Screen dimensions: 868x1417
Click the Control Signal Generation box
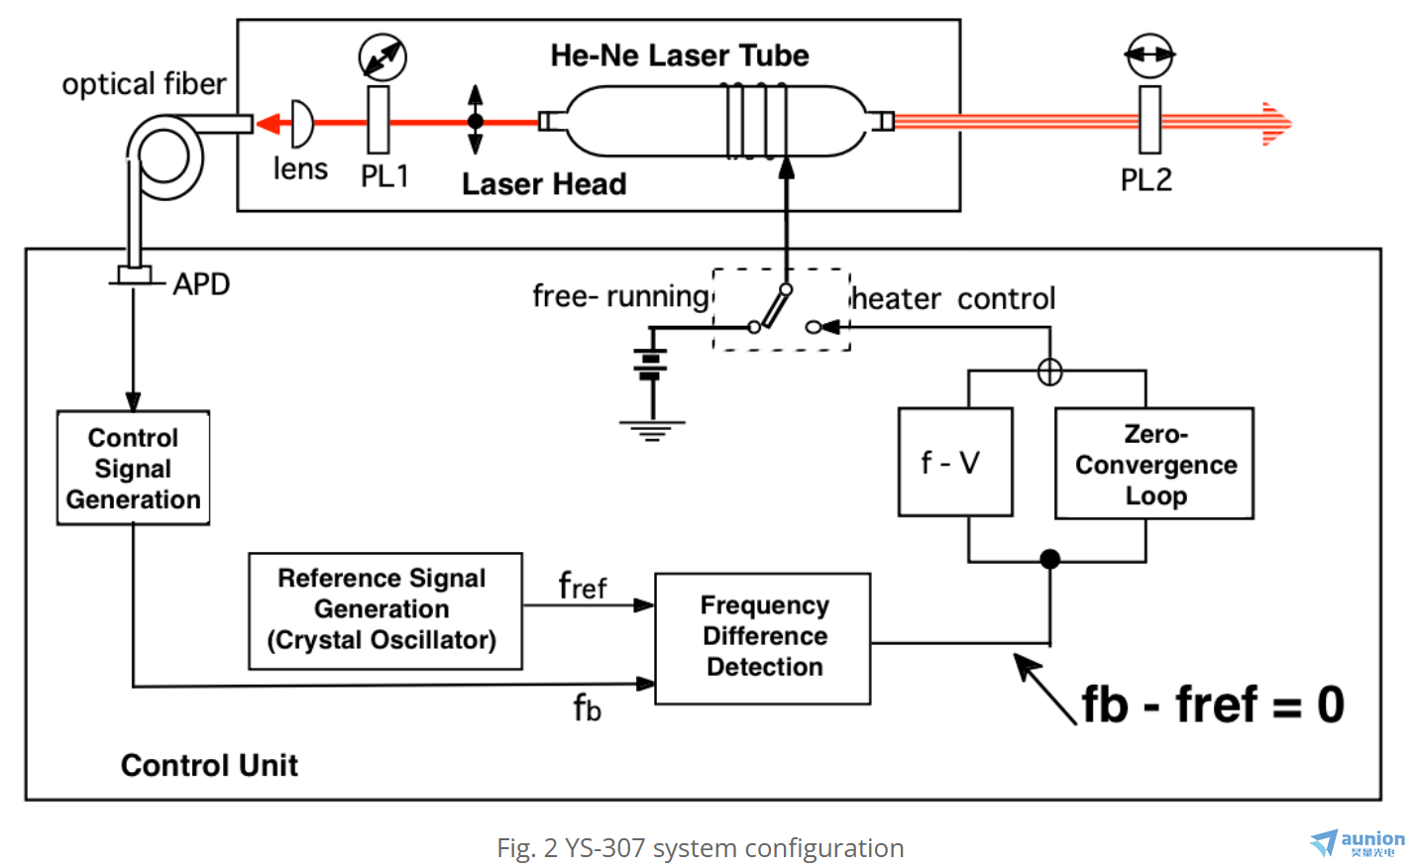coord(133,468)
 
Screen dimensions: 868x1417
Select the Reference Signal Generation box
coord(384,610)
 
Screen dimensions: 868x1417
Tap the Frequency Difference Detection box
coord(763,637)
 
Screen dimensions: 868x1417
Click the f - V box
coord(954,462)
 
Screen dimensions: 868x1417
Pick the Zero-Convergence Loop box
coord(1154,464)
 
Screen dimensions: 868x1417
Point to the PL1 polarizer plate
coord(378,120)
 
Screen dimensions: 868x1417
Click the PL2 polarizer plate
coord(1149,120)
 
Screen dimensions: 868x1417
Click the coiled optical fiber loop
coord(166,157)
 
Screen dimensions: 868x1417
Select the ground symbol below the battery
coord(652,430)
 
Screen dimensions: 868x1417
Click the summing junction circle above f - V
coord(1049,373)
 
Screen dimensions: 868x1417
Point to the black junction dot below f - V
coord(1050,559)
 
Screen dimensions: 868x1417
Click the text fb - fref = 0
coord(1212,705)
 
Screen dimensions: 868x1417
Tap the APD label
coord(201,284)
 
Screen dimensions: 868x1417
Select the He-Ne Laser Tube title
coord(679,55)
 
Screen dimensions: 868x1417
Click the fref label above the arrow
coord(582,587)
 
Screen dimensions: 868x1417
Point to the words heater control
coord(953,298)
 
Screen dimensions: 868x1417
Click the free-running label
coord(620,295)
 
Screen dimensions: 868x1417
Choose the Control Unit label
coord(209,765)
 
